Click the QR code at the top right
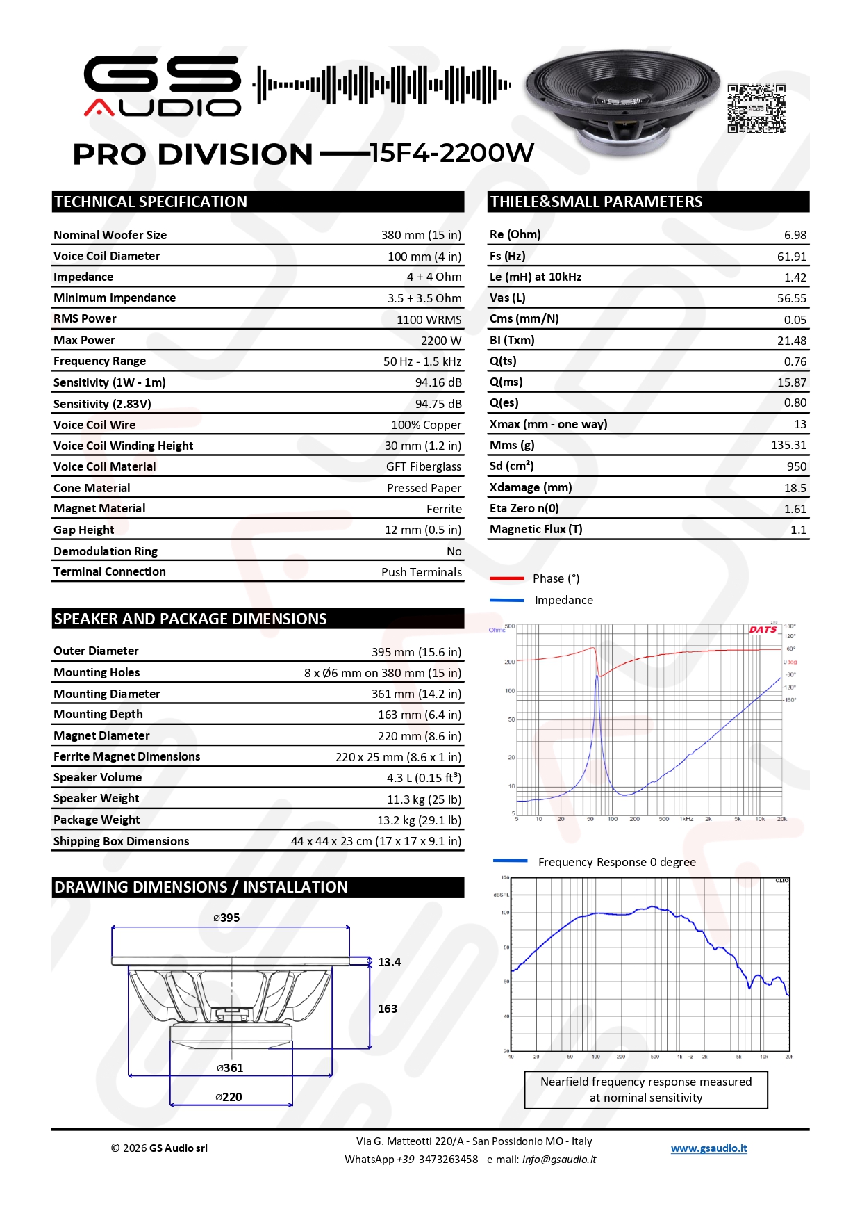point(756,108)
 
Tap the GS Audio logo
point(163,86)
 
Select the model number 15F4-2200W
point(451,153)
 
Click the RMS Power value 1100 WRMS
point(429,320)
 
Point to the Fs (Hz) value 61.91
point(791,257)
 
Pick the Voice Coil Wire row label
point(94,425)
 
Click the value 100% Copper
point(426,425)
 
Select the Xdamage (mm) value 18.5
point(795,488)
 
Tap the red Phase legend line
point(506,578)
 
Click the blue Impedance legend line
point(506,600)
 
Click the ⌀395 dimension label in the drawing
point(226,918)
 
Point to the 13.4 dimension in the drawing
point(389,962)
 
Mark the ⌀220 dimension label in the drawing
point(229,1097)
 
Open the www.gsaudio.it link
point(708,1148)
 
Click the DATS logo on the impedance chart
point(763,630)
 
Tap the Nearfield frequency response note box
point(645,1089)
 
